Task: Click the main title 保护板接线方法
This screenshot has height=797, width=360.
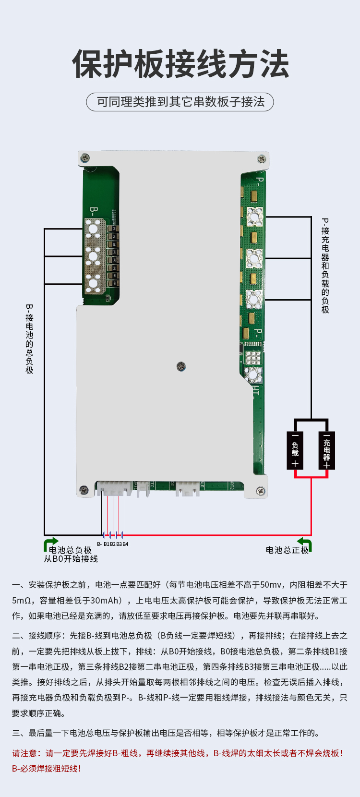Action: pos(180,64)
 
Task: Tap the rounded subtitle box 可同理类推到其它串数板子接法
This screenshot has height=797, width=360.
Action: pos(180,102)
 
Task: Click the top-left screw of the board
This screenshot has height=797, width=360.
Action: pos(85,157)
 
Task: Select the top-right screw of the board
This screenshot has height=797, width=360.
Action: pos(262,158)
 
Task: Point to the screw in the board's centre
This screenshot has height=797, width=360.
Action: pos(181,367)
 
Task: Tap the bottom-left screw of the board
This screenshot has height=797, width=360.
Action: pos(84,490)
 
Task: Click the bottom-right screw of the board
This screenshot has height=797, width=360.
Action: pos(260,491)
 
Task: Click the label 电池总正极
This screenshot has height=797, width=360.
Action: pos(287,550)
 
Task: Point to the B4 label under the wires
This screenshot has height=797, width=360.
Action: pos(125,544)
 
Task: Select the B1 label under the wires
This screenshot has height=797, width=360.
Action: pos(107,544)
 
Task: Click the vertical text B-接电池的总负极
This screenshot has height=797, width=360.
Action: pos(29,338)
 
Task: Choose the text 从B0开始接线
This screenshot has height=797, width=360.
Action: pos(71,559)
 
